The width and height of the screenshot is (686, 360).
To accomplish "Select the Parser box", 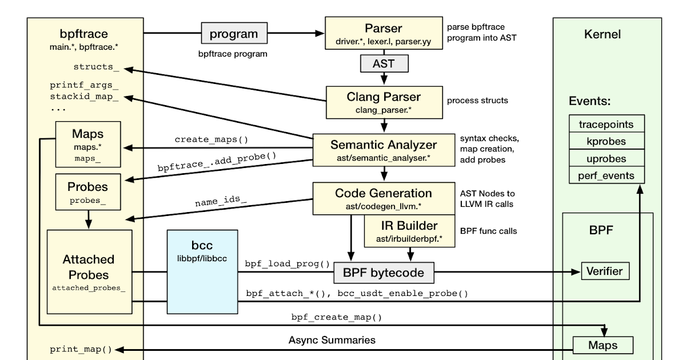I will point(383,33).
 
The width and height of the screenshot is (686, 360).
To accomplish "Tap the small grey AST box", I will point(383,63).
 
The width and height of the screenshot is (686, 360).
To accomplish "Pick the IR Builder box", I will point(409,230).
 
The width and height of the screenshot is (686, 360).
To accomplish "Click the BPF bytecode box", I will point(383,273).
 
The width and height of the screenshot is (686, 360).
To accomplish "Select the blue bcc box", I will point(202,271).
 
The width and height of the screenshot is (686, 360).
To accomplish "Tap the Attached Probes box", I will point(89,271).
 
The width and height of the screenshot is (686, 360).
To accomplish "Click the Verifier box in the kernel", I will point(605,271).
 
